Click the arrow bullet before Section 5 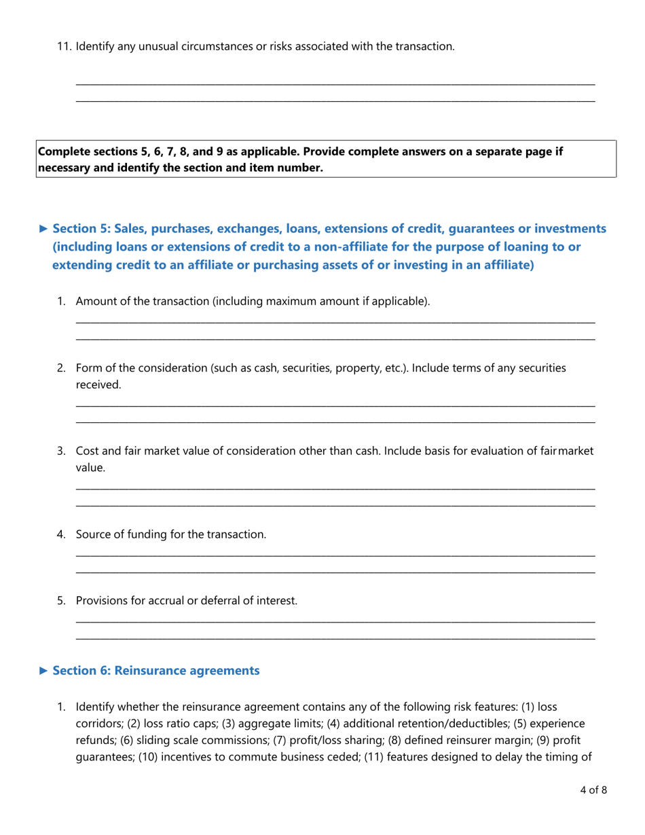click(x=43, y=228)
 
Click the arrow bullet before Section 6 click(x=43, y=671)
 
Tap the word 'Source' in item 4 click(x=93, y=534)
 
